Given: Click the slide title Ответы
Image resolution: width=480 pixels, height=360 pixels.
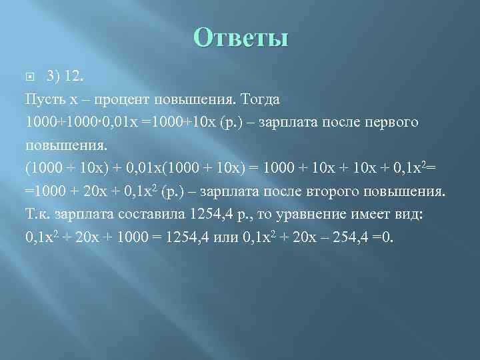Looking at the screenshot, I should (241, 37).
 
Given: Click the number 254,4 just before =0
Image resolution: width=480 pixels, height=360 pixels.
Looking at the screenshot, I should (346, 238).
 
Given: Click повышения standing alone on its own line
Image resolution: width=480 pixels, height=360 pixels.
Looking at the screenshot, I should (63, 146).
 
